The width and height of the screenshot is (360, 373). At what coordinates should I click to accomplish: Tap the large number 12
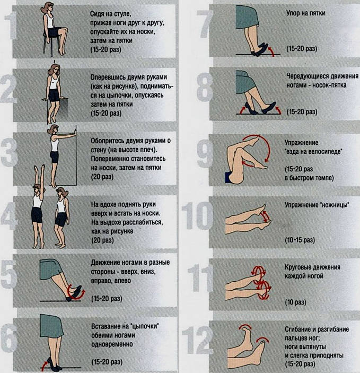(x=198, y=340)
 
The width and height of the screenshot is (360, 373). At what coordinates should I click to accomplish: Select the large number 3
(x=9, y=152)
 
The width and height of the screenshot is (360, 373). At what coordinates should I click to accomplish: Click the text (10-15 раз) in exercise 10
(x=300, y=240)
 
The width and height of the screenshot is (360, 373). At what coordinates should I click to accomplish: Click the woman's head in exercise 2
(x=54, y=69)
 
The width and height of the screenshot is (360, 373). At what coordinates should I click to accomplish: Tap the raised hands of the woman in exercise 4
(x=39, y=168)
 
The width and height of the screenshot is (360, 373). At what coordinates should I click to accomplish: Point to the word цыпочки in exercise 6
(x=144, y=326)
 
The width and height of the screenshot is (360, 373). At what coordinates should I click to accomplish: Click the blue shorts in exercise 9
(x=229, y=178)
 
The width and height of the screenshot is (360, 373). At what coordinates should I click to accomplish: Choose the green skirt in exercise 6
(x=51, y=325)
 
